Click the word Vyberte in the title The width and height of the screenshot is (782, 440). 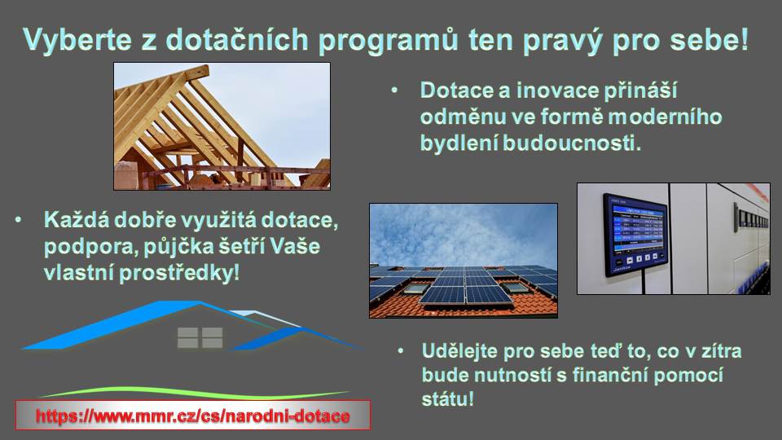(77, 39)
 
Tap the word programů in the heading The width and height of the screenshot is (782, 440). (388, 41)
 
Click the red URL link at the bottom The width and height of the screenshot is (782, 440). (193, 416)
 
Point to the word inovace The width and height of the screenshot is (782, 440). (557, 90)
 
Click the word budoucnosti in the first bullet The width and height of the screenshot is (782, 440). (571, 143)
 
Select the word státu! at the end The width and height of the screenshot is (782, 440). (447, 399)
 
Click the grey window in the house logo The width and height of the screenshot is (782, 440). (200, 337)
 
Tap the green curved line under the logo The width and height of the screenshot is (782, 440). (195, 392)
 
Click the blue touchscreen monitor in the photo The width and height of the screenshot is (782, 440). (635, 235)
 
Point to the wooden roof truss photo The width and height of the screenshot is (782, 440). (222, 126)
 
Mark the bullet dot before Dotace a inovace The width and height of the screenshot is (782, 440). (395, 90)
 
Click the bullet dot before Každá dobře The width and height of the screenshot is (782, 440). (19, 219)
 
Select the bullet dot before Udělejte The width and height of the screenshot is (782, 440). (401, 351)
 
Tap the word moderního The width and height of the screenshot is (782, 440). (666, 117)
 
